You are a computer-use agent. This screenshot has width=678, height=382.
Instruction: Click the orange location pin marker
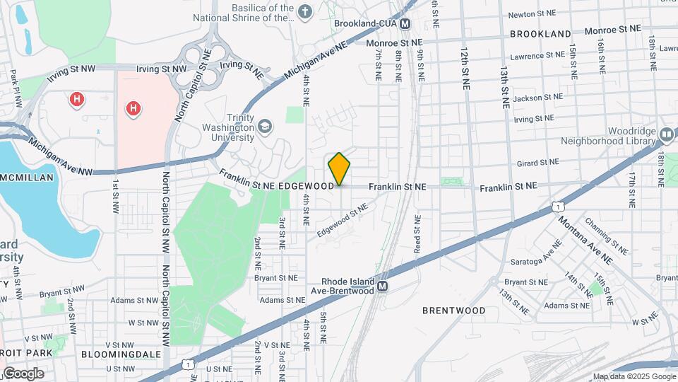339,168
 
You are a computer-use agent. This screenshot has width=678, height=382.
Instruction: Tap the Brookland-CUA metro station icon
405,24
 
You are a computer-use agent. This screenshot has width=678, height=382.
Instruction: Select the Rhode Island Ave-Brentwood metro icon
382,286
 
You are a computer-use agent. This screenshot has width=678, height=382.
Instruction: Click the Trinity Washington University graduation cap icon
265,126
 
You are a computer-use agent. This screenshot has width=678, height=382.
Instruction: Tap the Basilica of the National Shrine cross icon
304,11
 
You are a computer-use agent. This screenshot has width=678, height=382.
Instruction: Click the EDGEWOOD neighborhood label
306,186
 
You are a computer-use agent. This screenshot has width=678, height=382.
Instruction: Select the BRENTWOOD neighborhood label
454,311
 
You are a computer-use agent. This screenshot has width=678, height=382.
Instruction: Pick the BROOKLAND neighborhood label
540,34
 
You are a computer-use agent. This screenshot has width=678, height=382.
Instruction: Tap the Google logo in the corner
23,373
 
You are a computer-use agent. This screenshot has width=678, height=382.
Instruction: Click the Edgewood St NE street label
343,220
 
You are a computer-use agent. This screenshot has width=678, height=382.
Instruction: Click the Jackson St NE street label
539,97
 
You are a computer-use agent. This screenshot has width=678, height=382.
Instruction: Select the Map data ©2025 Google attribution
634,376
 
